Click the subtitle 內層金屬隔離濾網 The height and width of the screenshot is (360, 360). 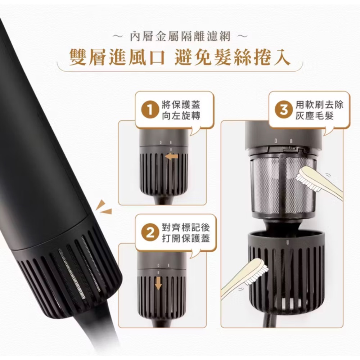(180, 37)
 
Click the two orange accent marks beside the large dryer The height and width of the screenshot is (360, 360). (103, 207)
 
